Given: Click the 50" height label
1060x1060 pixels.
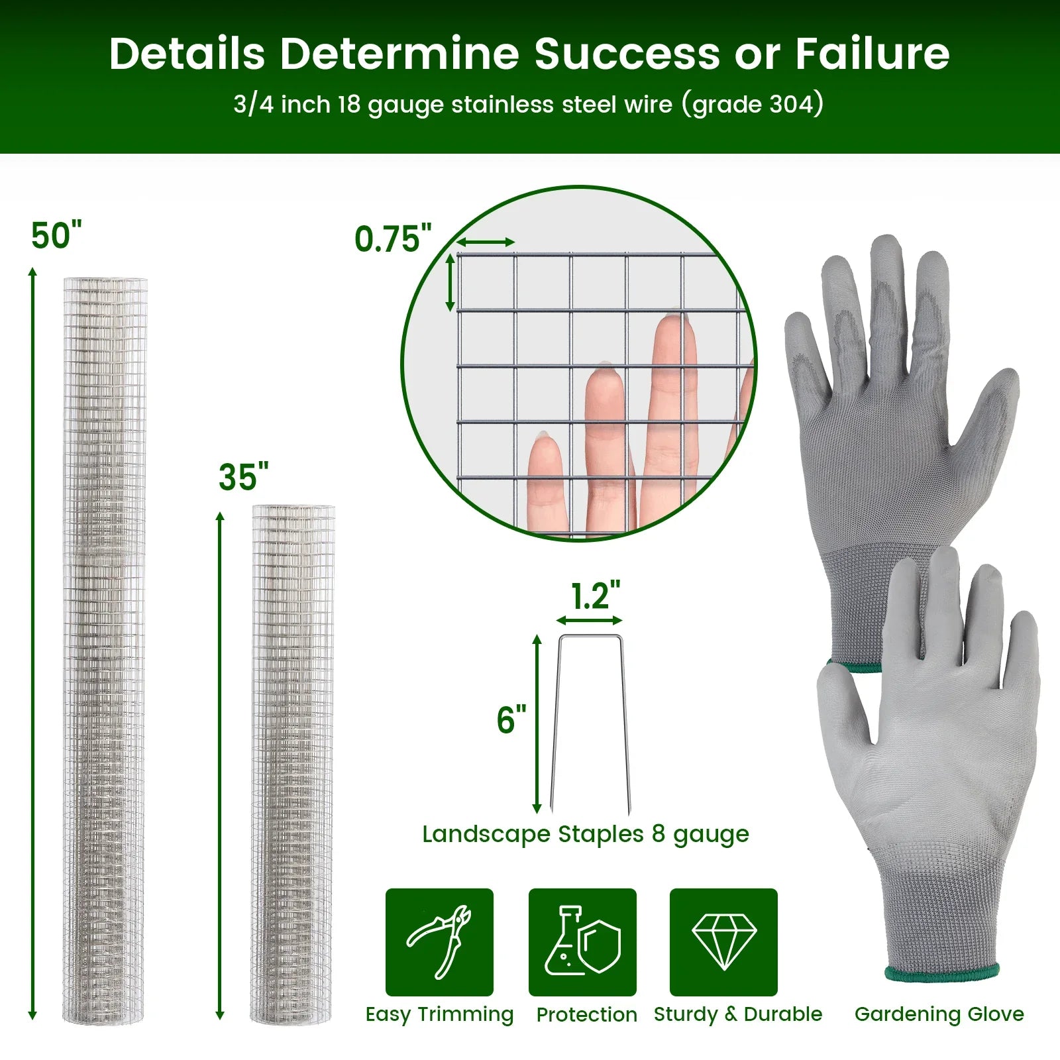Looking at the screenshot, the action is pos(56,236).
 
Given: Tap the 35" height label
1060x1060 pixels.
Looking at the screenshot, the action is pos(244,477).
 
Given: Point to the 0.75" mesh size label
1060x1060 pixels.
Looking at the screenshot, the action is pos(393,238).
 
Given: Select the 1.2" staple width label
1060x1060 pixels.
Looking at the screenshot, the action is pos(596,596).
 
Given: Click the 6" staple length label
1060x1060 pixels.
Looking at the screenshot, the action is pos(511,719).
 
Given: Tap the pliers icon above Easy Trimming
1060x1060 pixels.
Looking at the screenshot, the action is pos(439,942).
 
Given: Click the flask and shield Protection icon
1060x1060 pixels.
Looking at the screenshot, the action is pos(582,941).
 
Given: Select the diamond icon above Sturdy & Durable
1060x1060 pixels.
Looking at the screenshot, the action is pos(724,942).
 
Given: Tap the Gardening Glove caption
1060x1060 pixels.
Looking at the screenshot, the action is pos(939,1014).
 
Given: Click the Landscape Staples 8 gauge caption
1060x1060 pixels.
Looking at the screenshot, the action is pos(586,834).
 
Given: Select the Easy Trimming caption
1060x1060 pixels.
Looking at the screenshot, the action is pos(439,1014).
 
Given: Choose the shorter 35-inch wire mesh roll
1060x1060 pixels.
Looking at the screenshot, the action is pos(292,764).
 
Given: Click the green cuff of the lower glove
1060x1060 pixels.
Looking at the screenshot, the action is pos(941,973).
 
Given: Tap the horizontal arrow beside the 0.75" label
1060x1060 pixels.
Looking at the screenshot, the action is pos(485,242).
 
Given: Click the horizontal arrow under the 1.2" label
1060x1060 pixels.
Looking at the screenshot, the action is pos(589,621).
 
